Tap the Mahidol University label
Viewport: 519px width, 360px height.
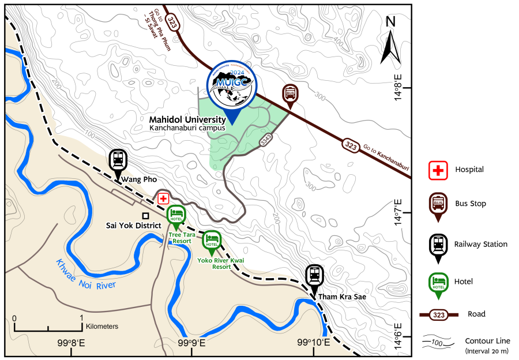(x=188, y=120)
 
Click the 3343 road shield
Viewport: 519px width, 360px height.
(x=266, y=139)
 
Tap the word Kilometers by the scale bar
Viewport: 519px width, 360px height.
(x=102, y=327)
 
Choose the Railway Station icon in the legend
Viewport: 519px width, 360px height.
(x=438, y=245)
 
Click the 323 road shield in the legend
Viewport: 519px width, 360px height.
(x=439, y=315)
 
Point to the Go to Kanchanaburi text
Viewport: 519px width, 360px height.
(x=386, y=158)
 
